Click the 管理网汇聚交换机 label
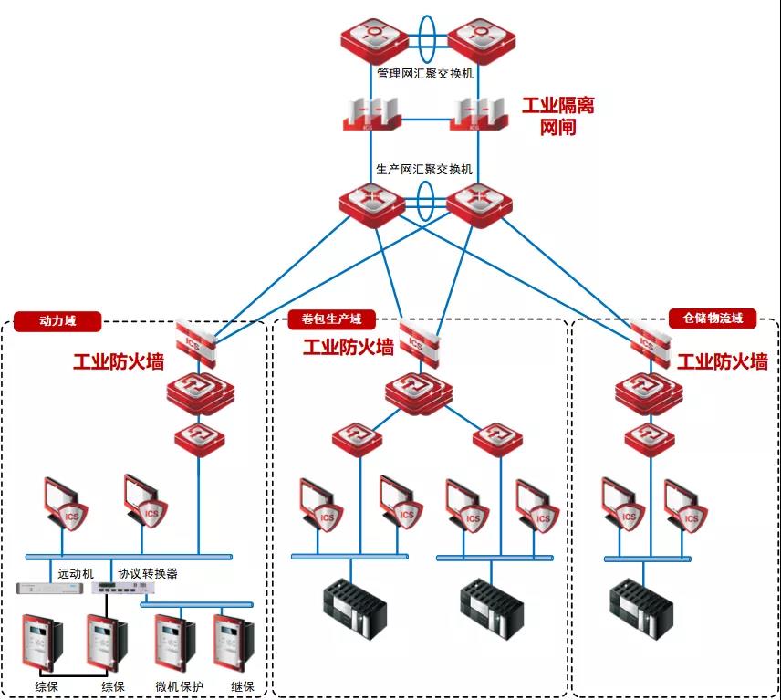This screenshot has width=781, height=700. click(x=425, y=73)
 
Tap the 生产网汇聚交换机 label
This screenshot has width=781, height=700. click(x=425, y=169)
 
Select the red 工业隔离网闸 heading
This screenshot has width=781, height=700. click(x=557, y=116)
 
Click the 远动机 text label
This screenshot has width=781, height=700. click(x=76, y=574)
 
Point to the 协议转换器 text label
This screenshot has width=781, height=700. click(x=148, y=574)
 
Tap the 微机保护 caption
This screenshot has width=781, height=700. click(x=179, y=686)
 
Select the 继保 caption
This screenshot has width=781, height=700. click(x=243, y=686)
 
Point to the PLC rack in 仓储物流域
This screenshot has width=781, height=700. click(x=642, y=607)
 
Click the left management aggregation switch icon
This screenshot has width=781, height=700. click(x=371, y=38)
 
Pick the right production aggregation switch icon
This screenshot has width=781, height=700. click(x=475, y=203)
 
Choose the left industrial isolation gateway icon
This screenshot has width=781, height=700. click(x=371, y=115)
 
